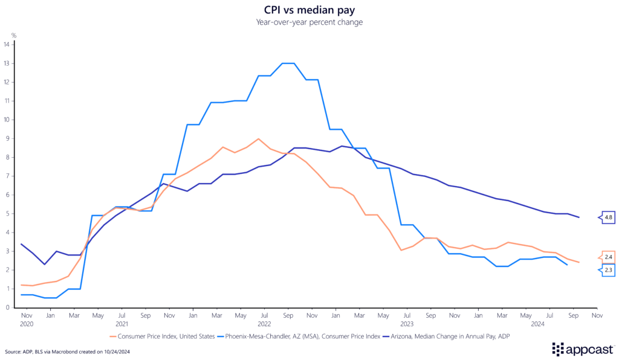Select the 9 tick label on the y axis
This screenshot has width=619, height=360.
[x=7, y=138]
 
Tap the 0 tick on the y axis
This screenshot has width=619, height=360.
[x=7, y=307]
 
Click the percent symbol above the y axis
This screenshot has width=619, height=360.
[x=14, y=36]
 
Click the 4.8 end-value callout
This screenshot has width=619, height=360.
[x=607, y=217]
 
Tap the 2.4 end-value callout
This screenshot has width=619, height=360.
[x=608, y=257]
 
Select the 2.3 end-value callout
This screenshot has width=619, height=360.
[x=608, y=270]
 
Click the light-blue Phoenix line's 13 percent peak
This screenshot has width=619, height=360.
[x=288, y=63]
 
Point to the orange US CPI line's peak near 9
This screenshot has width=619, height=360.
[x=258, y=139]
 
